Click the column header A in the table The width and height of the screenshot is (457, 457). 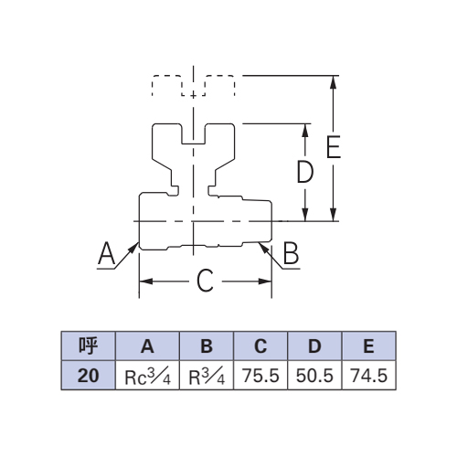[147, 346]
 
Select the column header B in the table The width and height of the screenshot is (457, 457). [207, 346]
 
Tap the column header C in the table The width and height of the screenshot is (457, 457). [260, 346]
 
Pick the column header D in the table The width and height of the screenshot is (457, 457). [314, 346]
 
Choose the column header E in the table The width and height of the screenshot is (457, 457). [368, 346]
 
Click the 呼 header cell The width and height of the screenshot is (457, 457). [89, 346]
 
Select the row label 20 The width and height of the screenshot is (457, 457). [88, 376]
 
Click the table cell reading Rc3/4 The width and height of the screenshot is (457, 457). [147, 376]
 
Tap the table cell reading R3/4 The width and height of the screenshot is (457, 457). [207, 376]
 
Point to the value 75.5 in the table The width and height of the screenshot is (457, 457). [260, 376]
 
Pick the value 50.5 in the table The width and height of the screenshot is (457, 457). [314, 376]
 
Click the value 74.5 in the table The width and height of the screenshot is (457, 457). [369, 376]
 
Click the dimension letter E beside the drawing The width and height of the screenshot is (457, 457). [334, 147]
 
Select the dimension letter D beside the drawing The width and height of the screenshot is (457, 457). [305, 172]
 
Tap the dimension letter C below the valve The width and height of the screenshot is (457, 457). [205, 281]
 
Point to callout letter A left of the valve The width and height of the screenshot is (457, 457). [106, 253]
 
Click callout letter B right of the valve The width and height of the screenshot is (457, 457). [291, 252]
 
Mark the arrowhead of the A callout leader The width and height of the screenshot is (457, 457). [134, 247]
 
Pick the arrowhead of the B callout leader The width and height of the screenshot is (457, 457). [263, 247]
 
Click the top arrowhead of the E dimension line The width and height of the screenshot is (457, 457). [334, 82]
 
